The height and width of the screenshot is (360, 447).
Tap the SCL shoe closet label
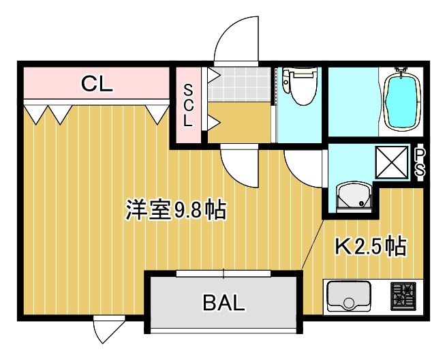point(187,106)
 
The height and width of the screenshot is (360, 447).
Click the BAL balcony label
point(223,303)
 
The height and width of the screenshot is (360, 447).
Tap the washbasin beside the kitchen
point(352,197)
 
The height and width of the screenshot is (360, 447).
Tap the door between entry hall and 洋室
point(240,165)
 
